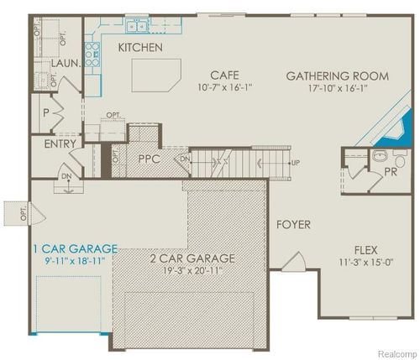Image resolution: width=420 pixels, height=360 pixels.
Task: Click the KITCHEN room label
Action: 140,48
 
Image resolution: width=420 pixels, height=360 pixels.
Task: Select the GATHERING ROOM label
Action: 338,76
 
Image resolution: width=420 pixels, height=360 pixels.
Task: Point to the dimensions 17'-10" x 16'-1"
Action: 338,88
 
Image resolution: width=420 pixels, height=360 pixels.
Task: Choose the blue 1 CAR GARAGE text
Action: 75,248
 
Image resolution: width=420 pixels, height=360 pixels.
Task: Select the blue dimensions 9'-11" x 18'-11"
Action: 74,262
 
